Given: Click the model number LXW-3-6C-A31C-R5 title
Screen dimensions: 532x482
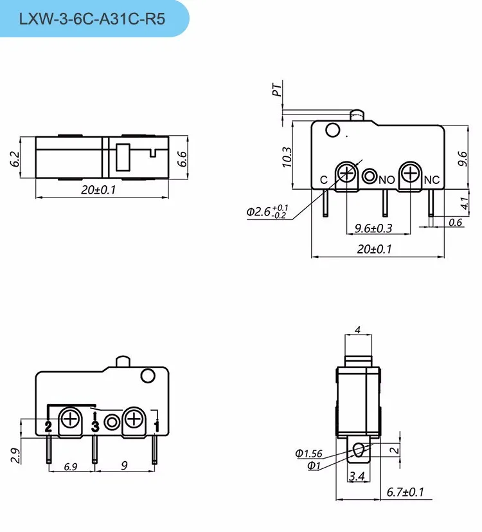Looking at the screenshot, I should pyautogui.click(x=93, y=19).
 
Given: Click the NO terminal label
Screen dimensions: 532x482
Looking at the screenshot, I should pyautogui.click(x=386, y=180).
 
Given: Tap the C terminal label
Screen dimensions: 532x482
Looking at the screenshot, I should pyautogui.click(x=324, y=179).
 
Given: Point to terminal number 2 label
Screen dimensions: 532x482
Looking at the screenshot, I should pyautogui.click(x=48, y=425).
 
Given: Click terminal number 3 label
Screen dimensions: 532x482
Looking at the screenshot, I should pyautogui.click(x=95, y=425).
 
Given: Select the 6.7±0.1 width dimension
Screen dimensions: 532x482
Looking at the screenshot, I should pyautogui.click(x=406, y=493).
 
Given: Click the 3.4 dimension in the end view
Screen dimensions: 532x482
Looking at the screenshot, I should pyautogui.click(x=358, y=477).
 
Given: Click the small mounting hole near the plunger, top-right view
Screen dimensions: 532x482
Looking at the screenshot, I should pyautogui.click(x=332, y=131).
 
